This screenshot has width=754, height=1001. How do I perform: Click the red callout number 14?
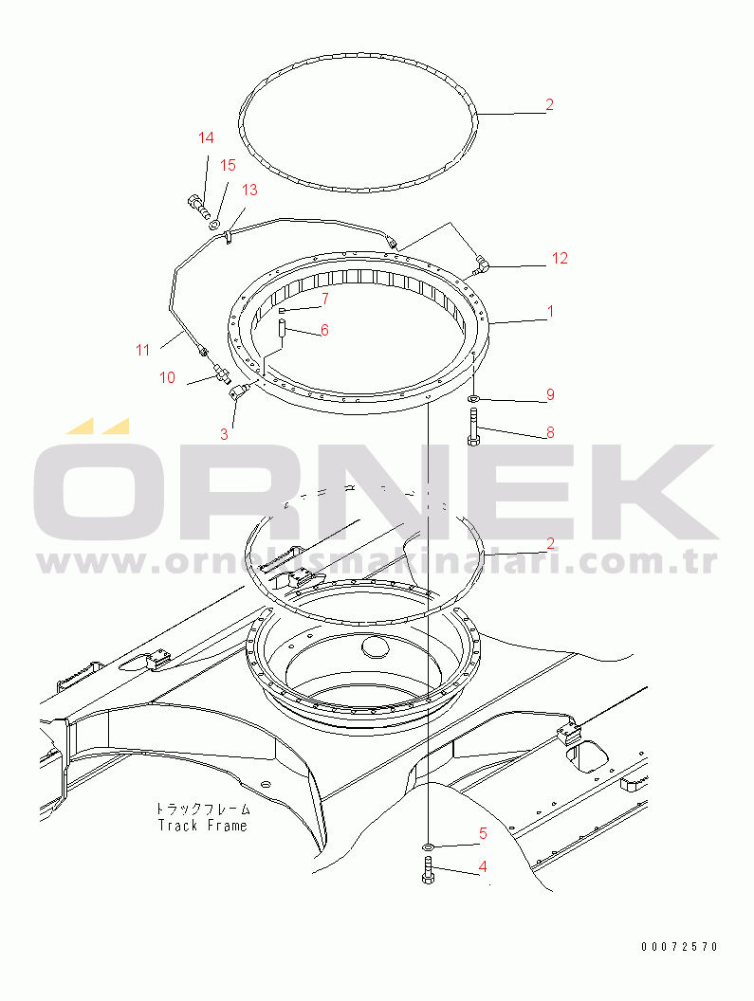pos(206,137)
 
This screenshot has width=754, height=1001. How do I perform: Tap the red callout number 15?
pos(229,165)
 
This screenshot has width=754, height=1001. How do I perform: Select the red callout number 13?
pos(249,190)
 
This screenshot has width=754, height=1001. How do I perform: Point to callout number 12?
pos(560,258)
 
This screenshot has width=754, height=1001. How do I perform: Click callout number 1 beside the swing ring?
pos(550,312)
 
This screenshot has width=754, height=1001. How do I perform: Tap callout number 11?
pos(142,350)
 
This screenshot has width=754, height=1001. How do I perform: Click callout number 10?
pos(167,377)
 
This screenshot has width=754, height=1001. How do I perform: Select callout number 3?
pos(224,434)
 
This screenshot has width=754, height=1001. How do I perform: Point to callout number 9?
pos(550,394)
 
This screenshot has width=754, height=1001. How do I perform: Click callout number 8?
pos(550,432)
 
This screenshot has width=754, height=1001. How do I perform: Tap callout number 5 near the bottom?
pos(483,833)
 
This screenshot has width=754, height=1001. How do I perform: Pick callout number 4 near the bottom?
pos(483,866)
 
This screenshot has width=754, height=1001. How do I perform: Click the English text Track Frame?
pos(203,826)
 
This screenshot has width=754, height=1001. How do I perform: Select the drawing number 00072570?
pos(680,947)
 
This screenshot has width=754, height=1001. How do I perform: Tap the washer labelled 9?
pos(473,399)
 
